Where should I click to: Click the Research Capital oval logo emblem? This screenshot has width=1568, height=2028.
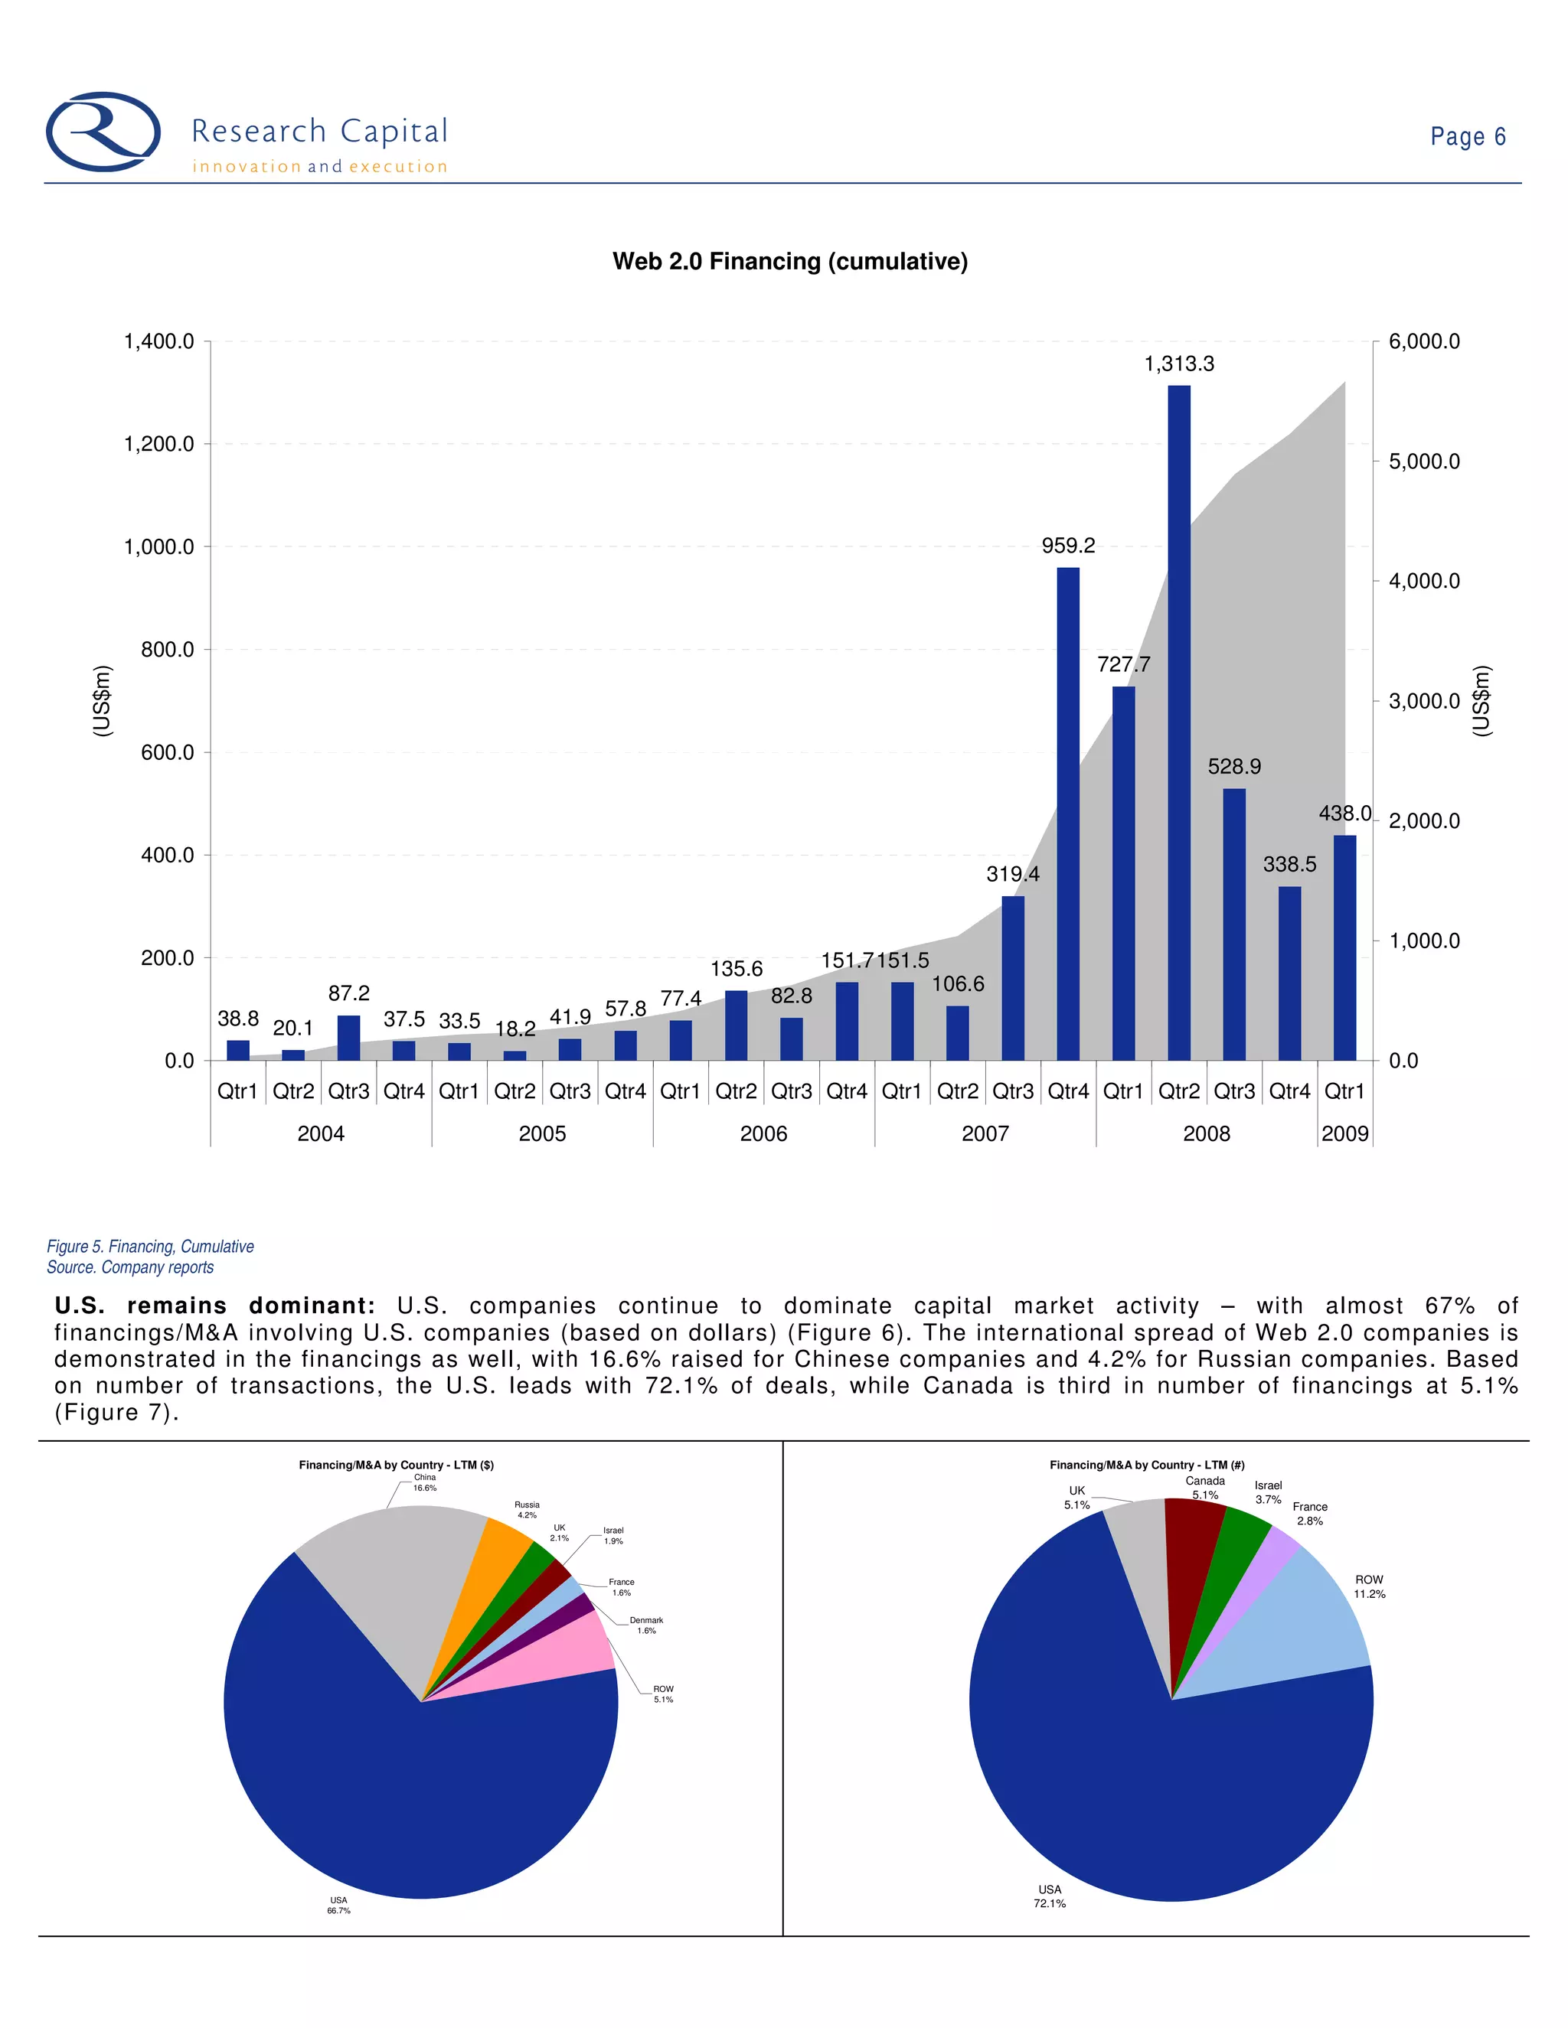point(103,131)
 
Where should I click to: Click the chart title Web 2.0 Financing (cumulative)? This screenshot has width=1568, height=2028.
point(789,262)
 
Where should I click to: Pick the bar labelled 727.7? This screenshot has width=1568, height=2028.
point(1123,873)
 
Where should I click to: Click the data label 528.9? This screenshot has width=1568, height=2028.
point(1233,767)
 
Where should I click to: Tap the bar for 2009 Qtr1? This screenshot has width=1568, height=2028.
point(1344,947)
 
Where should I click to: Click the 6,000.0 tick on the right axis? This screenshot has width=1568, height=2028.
point(1424,342)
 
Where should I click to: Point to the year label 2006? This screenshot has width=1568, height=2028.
point(763,1134)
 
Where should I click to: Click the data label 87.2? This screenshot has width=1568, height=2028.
point(349,993)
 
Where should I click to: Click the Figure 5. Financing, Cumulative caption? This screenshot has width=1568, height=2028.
point(151,1246)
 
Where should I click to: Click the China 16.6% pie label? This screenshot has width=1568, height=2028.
point(424,1482)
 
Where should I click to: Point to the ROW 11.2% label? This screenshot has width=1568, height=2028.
point(1368,1586)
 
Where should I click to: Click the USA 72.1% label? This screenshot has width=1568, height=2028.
point(1050,1896)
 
